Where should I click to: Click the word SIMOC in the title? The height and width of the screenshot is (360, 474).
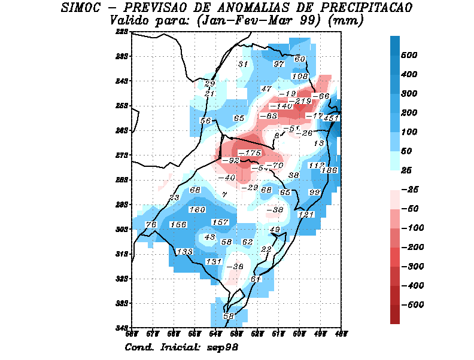pyautogui.click(x=85, y=8)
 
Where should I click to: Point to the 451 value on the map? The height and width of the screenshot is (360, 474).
pyautogui.click(x=331, y=118)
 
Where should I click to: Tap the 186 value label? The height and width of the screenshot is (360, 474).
pyautogui.click(x=330, y=170)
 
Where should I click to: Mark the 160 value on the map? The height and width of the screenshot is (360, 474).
pyautogui.click(x=197, y=210)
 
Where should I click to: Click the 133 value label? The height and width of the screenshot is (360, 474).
pyautogui.click(x=185, y=252)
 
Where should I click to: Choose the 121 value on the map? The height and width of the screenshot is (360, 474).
pyautogui.click(x=306, y=215)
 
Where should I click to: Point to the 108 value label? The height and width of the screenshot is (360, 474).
pyautogui.click(x=300, y=77)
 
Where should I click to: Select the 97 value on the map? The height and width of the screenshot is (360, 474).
pyautogui.click(x=279, y=64)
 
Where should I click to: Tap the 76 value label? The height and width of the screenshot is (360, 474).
pyautogui.click(x=151, y=224)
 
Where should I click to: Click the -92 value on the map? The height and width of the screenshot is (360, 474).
pyautogui.click(x=230, y=161)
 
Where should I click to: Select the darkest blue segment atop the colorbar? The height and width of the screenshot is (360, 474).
pyautogui.click(x=395, y=45)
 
